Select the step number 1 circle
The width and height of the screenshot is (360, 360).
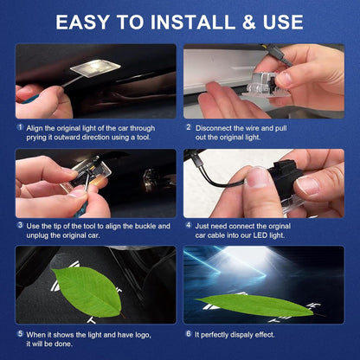(19, 127)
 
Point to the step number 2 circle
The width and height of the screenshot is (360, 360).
(188, 127)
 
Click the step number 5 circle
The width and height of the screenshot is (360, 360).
(19, 333)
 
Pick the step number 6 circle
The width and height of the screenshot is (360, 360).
(188, 333)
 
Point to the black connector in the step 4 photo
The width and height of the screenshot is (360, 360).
(275, 176)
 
